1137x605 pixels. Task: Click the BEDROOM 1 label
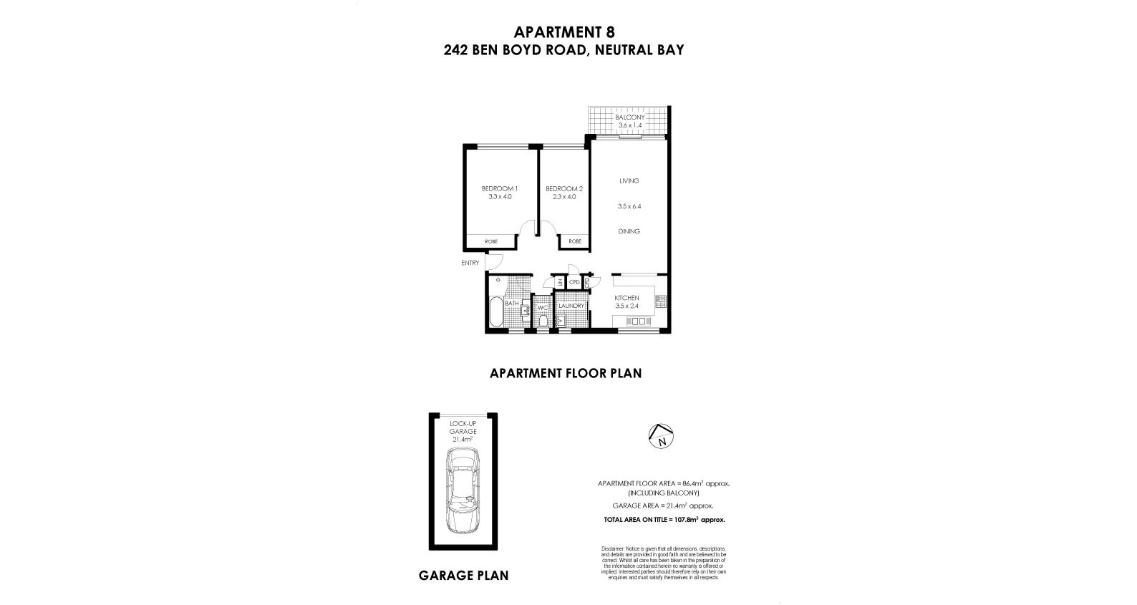[x=499, y=189]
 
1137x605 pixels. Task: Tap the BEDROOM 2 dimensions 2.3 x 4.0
[x=563, y=197]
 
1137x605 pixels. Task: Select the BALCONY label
[x=629, y=117]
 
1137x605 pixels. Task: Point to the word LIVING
[x=629, y=181]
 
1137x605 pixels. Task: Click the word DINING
[x=629, y=231]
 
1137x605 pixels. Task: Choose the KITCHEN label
[x=626, y=298]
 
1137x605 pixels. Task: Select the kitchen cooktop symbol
[x=661, y=301]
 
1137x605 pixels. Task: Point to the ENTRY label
[x=470, y=263]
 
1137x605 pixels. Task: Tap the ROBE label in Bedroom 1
[x=491, y=242]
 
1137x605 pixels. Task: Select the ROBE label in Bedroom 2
[x=575, y=242]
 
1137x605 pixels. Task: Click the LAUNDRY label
[x=571, y=306]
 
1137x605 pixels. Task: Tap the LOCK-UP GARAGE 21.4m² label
[x=463, y=431]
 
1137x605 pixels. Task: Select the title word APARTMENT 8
[x=564, y=32]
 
